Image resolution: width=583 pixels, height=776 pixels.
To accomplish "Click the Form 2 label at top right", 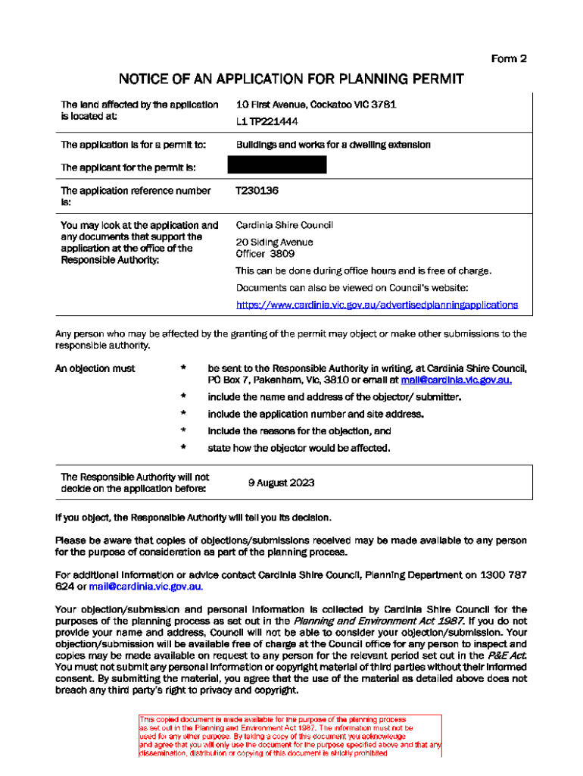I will [x=509, y=58].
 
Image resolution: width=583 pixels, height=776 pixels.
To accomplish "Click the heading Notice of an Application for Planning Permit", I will [x=291, y=79].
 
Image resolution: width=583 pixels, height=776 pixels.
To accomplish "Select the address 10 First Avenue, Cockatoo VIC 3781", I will [x=316, y=105].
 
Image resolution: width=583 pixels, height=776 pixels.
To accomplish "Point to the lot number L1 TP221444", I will [x=267, y=122].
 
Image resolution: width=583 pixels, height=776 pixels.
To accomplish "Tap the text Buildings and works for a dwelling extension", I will [x=333, y=144].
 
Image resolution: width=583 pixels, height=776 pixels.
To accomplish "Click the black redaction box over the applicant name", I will [x=277, y=165].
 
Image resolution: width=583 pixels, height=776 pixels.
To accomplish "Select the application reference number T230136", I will [x=257, y=191].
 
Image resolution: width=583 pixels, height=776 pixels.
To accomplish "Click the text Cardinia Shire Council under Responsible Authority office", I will [x=284, y=225].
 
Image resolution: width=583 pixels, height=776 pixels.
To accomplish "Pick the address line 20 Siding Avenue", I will [x=274, y=242].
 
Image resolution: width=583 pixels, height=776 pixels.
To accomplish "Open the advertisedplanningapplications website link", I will [x=377, y=305].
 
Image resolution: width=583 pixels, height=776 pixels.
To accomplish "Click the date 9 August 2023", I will [x=281, y=483].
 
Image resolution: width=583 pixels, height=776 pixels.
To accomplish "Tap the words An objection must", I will [x=95, y=368].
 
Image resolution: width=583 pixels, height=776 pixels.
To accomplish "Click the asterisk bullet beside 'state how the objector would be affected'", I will [x=183, y=448].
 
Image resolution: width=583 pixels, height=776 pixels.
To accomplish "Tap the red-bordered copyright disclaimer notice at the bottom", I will [x=290, y=735].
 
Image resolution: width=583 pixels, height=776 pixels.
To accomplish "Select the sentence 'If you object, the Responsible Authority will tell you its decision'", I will [x=193, y=517].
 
